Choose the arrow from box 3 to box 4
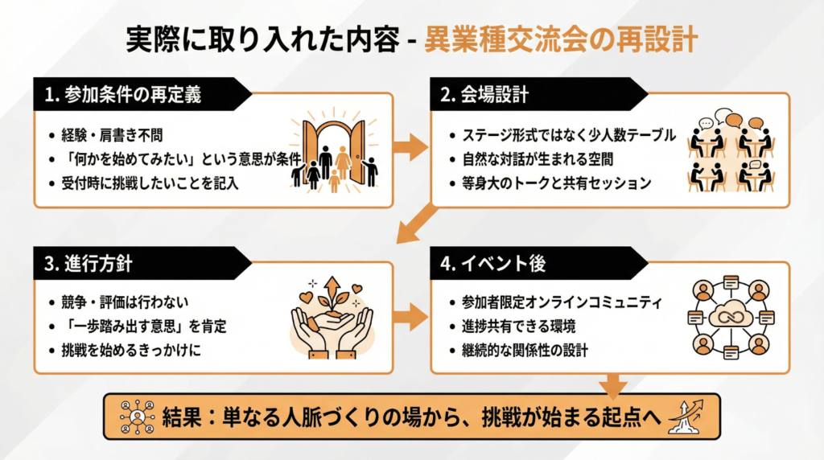pyautogui.click(x=412, y=315)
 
